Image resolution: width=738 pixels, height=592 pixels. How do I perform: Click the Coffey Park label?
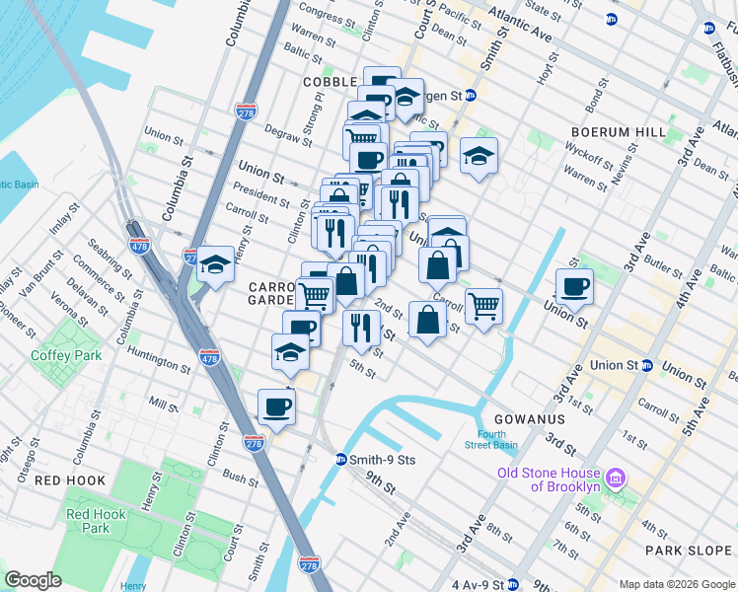click(x=66, y=355)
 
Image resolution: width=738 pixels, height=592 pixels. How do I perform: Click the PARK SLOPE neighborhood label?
click(x=688, y=550)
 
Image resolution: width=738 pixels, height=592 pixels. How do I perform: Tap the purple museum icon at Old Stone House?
click(x=617, y=479)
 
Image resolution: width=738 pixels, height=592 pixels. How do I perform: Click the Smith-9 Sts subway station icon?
click(x=340, y=459)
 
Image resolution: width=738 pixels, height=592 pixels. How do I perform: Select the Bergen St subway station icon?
click(x=472, y=96)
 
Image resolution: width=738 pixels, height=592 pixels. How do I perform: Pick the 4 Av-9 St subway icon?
click(x=512, y=585)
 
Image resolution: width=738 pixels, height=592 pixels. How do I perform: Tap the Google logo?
click(x=34, y=580)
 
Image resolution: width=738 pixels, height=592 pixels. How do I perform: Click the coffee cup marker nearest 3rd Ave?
click(x=574, y=287)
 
